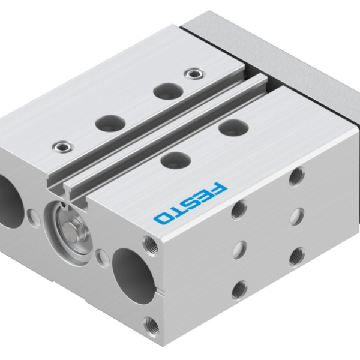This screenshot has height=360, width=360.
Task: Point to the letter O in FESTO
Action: coord(163,217)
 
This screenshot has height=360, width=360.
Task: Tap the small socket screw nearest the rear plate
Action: coord(192,73)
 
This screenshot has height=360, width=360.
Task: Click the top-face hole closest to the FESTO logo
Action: coord(173,159)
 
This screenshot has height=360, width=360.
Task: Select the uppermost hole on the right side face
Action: coord(295,176)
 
